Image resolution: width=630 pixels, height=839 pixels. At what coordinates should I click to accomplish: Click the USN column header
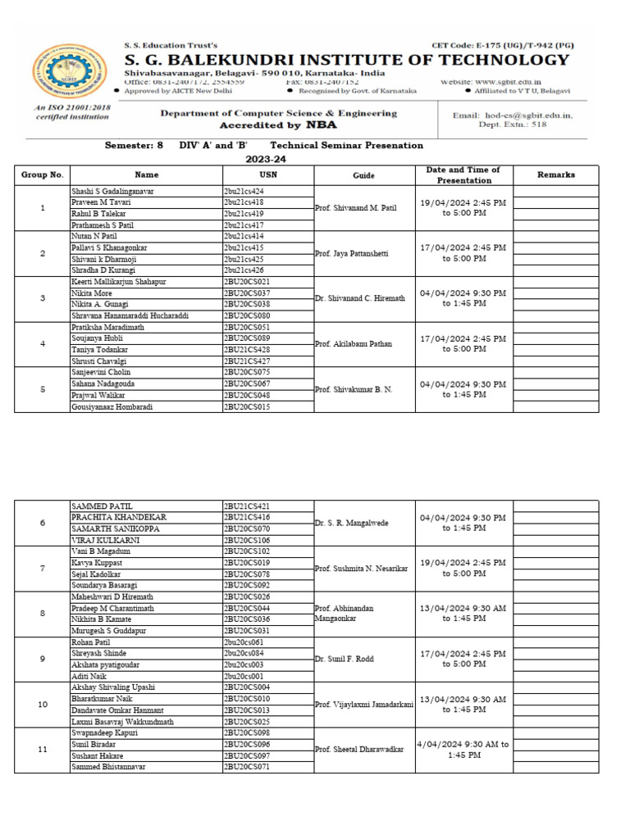point(268,175)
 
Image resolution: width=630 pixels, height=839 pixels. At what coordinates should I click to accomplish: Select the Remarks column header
point(555,175)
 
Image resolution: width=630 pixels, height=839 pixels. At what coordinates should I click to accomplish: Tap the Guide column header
point(363,175)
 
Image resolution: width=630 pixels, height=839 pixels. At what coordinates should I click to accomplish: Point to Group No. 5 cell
point(43,389)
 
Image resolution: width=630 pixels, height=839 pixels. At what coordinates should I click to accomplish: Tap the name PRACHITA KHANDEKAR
point(120,518)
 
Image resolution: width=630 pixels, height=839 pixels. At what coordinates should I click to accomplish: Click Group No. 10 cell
point(43,705)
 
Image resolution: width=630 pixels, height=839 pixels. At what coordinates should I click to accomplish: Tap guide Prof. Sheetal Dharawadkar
point(359,750)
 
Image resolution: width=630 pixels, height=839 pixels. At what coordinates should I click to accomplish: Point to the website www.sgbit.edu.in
point(529,82)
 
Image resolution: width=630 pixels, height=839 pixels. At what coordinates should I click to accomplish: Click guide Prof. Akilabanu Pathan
point(358,344)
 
